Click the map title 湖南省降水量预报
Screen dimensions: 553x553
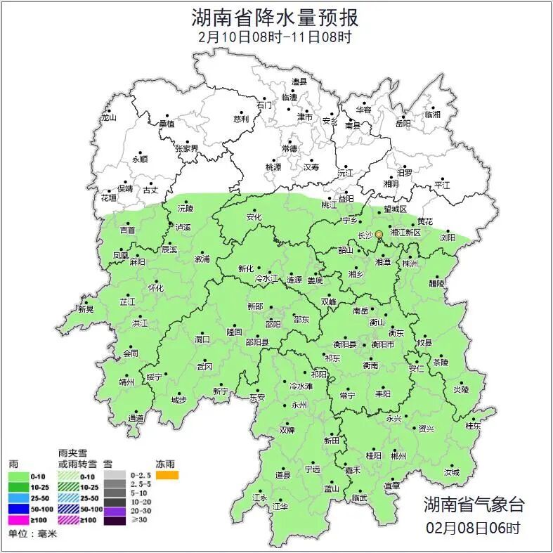tap(275, 15)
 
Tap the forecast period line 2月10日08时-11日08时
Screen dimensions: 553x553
tap(275, 37)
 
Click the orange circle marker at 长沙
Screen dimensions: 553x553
tap(379, 234)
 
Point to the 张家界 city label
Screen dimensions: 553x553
tap(186, 149)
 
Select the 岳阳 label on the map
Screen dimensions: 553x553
tap(403, 124)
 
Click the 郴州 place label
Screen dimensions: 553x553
tap(398, 455)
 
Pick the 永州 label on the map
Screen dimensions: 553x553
tap(299, 405)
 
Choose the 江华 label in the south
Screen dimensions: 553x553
tap(280, 506)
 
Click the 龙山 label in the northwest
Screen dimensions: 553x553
tap(108, 117)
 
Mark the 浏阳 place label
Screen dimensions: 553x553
tap(448, 238)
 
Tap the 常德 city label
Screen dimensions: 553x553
tap(289, 149)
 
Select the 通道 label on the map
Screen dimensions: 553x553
tap(136, 419)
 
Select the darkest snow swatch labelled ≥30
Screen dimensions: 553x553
tap(113, 521)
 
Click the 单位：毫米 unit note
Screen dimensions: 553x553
tap(32, 534)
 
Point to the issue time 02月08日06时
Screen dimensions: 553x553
tap(473, 527)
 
